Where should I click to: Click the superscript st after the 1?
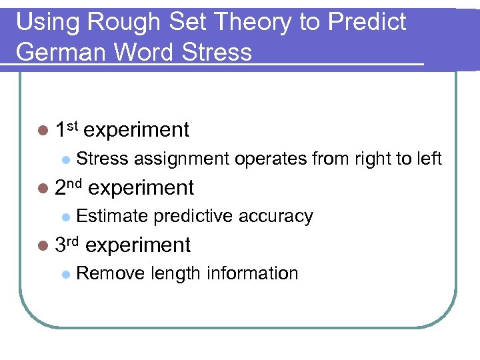(73, 125)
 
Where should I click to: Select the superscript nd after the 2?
(75, 182)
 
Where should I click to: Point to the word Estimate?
(112, 216)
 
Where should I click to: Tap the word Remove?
(111, 273)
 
